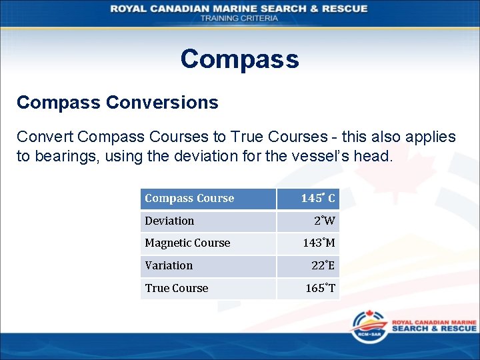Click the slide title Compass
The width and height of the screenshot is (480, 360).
coord(239,59)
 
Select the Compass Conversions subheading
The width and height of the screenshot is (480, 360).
coord(117,103)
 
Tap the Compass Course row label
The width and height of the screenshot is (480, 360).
coord(189,199)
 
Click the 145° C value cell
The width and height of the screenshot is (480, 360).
coord(318,199)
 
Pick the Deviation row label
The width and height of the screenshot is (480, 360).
coord(169,221)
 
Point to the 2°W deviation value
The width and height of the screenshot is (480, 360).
coord(325,221)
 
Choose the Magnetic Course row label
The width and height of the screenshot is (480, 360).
coord(187,243)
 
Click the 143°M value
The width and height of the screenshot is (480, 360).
coord(319,243)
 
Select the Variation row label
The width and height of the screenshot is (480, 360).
coord(169,265)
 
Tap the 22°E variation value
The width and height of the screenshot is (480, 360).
coord(323,265)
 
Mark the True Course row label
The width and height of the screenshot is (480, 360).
coord(177,288)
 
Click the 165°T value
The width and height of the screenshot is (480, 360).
coord(321,288)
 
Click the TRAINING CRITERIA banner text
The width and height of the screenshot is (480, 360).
coord(239,18)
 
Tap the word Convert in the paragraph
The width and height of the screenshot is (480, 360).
coord(45,137)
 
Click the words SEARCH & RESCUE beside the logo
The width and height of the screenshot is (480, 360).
coord(434,329)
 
